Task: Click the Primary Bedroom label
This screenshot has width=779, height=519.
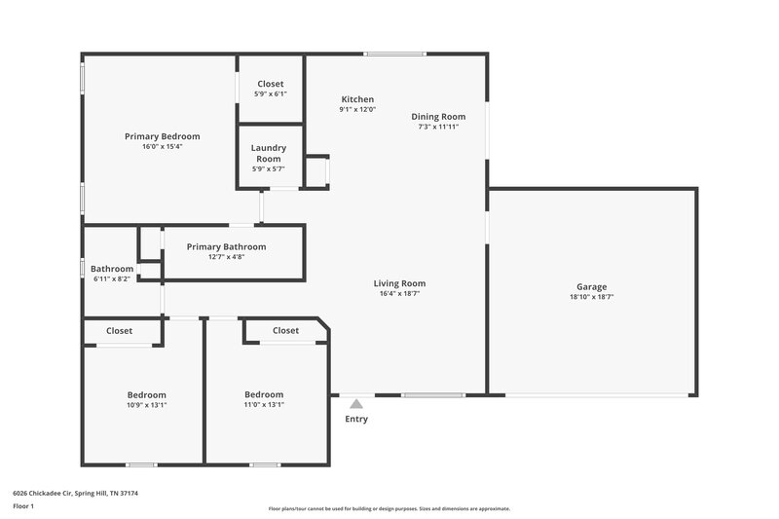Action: (162, 136)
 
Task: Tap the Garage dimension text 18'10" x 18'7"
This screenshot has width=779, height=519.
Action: (591, 297)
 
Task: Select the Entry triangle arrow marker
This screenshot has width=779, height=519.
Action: (356, 403)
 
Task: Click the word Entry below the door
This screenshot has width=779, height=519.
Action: (356, 420)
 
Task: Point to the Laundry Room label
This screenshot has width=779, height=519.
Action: (269, 153)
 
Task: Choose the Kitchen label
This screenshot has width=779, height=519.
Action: (356, 99)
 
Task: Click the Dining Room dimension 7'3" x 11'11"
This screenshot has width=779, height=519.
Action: (437, 127)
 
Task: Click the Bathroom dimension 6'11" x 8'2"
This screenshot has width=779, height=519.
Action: (112, 278)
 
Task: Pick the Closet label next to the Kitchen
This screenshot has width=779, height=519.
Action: (270, 84)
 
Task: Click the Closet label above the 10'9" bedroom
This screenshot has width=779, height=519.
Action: (120, 331)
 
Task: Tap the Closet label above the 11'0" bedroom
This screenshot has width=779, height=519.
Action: (285, 331)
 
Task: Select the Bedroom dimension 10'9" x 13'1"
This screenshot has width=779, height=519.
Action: (146, 405)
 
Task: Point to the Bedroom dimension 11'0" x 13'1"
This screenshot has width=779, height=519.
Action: (264, 405)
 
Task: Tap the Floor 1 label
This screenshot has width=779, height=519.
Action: (23, 507)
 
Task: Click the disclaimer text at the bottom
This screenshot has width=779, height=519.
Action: (389, 508)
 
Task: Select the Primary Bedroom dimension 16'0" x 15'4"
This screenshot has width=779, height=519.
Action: (162, 147)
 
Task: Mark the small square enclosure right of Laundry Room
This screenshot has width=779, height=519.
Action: (316, 171)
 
